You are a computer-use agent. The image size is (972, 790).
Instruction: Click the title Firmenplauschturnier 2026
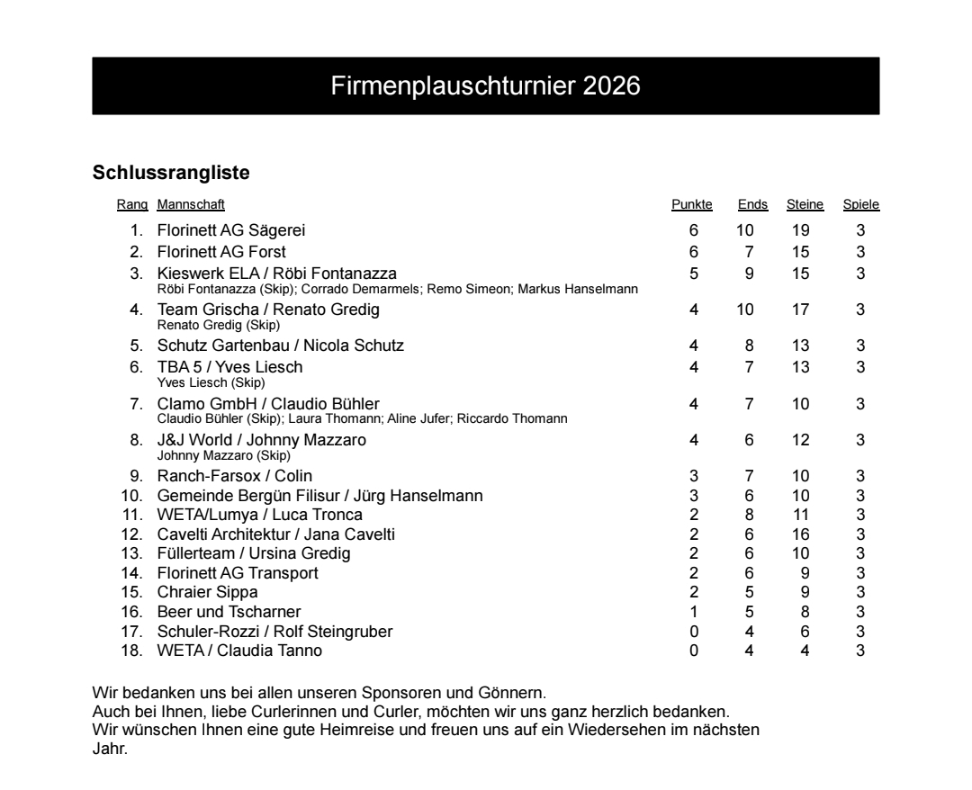click(x=486, y=86)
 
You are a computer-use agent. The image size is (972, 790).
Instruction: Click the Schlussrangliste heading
click(x=171, y=171)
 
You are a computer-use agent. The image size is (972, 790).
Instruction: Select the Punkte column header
click(x=692, y=205)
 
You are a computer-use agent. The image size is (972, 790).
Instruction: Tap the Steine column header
click(x=805, y=205)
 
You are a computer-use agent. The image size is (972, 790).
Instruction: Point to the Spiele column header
click(x=860, y=205)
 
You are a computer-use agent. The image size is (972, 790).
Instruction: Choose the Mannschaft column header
click(x=191, y=205)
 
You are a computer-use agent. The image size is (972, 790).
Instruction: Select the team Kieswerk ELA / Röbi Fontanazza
click(x=276, y=274)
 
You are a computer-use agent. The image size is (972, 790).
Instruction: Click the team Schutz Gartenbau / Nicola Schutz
click(x=281, y=346)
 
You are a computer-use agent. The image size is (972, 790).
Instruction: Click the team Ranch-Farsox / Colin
click(x=235, y=476)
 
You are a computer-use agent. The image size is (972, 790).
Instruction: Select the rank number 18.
click(x=132, y=651)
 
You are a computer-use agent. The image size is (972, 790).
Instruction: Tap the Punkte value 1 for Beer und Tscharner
click(x=694, y=613)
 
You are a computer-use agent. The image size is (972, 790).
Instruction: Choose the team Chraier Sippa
click(x=208, y=593)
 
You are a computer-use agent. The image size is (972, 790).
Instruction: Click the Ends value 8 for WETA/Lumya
click(x=749, y=516)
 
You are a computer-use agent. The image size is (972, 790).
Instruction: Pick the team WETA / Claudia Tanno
click(x=239, y=651)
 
